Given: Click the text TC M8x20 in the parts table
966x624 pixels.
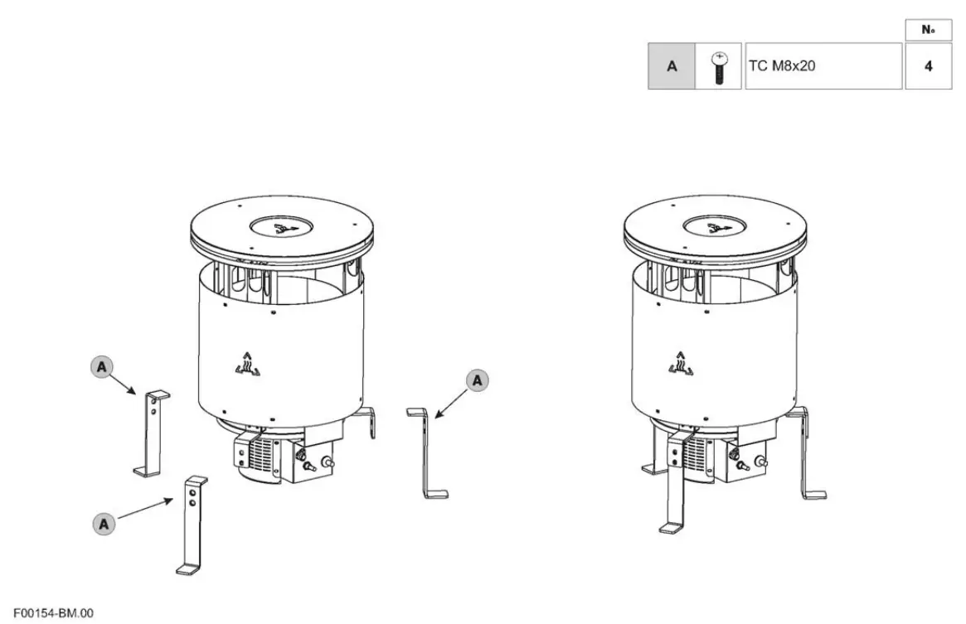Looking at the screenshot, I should (x=781, y=65).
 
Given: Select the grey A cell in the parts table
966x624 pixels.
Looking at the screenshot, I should (x=671, y=66).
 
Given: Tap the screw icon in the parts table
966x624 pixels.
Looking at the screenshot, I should (x=719, y=66).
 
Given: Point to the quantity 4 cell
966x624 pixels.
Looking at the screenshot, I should (x=928, y=66).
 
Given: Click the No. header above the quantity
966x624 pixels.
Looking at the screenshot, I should (x=928, y=30).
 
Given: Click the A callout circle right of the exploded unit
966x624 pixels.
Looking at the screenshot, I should (x=478, y=380).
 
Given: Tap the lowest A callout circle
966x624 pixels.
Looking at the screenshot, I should (x=104, y=523).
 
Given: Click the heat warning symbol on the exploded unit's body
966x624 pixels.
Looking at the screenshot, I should (x=247, y=365).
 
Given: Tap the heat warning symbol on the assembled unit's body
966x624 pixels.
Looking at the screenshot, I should (x=680, y=365).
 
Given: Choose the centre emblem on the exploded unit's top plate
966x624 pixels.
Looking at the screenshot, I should (x=282, y=225).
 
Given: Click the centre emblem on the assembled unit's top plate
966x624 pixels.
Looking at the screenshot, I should (x=715, y=225).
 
